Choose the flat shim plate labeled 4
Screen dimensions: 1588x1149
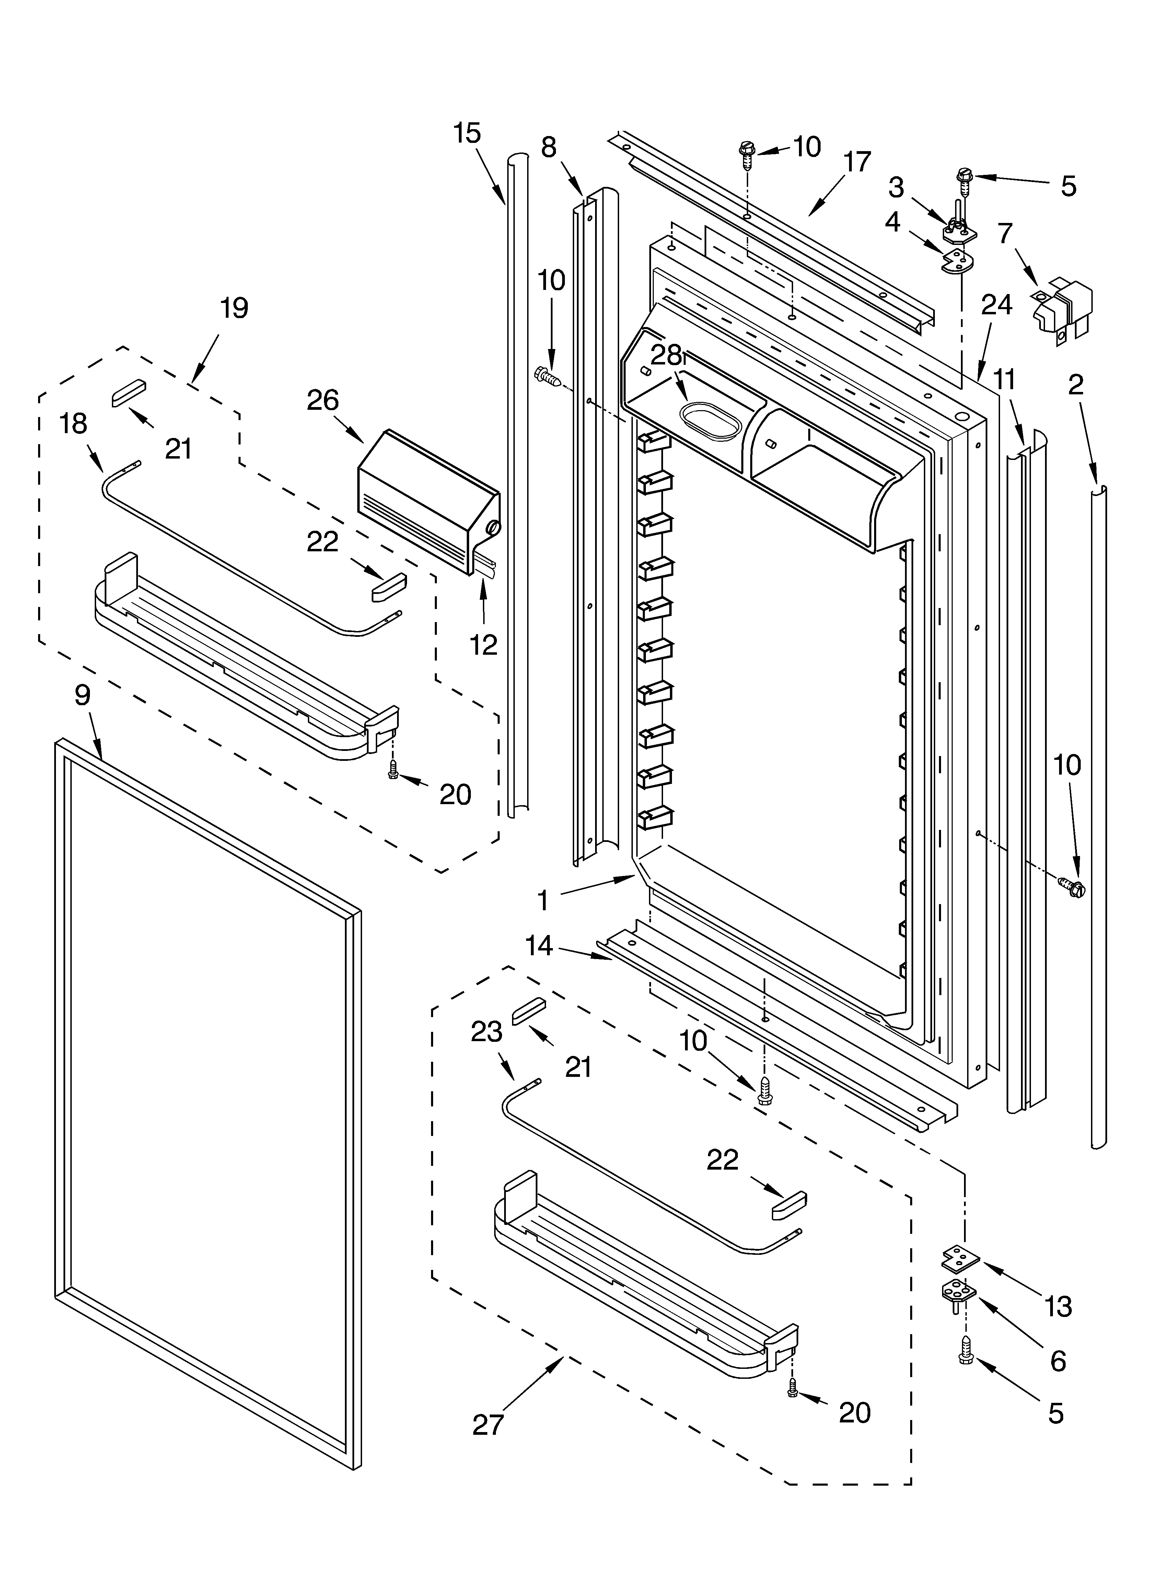click(958, 263)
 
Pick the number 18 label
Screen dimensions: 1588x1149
click(74, 424)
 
